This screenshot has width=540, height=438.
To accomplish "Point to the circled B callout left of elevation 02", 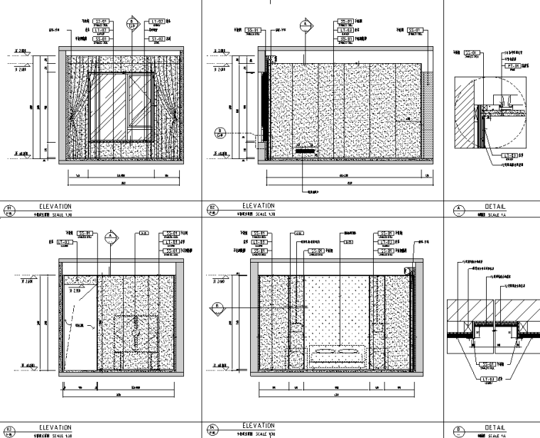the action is click(220, 131).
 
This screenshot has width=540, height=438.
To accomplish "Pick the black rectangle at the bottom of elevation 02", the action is click(306, 150).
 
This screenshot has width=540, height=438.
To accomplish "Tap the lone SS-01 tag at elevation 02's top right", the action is click(416, 30).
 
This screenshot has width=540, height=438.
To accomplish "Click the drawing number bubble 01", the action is click(10, 209).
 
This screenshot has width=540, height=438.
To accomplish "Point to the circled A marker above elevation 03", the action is click(110, 235).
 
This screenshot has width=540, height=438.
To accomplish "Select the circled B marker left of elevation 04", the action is click(217, 307).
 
